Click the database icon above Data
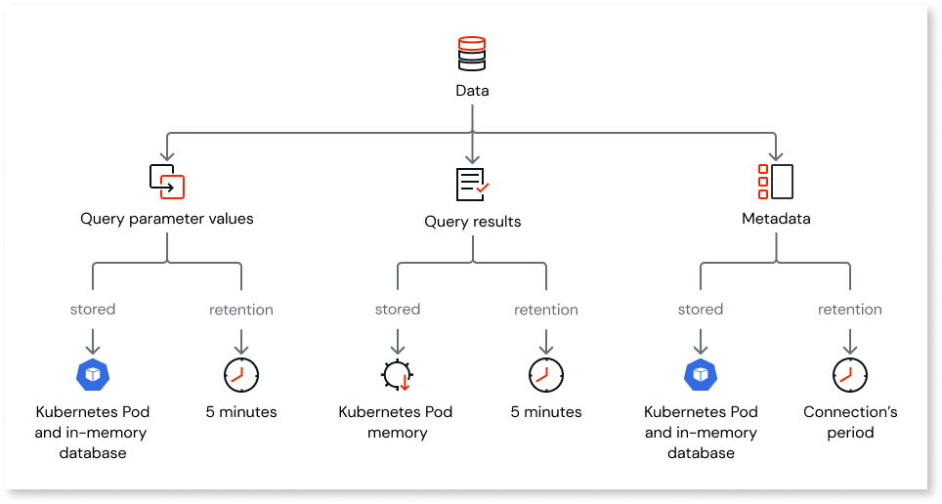(x=472, y=55)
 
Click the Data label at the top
(x=472, y=91)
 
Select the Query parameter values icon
(x=167, y=182)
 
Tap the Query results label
(x=472, y=222)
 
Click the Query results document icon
(x=472, y=184)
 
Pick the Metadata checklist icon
(x=776, y=182)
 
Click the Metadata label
(x=776, y=219)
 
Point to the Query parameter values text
(x=167, y=219)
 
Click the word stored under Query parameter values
(x=93, y=310)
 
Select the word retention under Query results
(x=546, y=310)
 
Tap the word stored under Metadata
(x=701, y=310)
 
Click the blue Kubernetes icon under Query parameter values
(x=93, y=374)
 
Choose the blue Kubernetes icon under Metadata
(x=701, y=374)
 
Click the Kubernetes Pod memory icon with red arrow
(x=397, y=375)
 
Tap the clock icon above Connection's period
(x=849, y=374)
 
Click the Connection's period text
(x=849, y=422)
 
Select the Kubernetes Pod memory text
(x=397, y=422)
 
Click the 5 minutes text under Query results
(x=546, y=412)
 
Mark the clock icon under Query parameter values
(x=241, y=374)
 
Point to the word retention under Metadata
(x=849, y=310)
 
